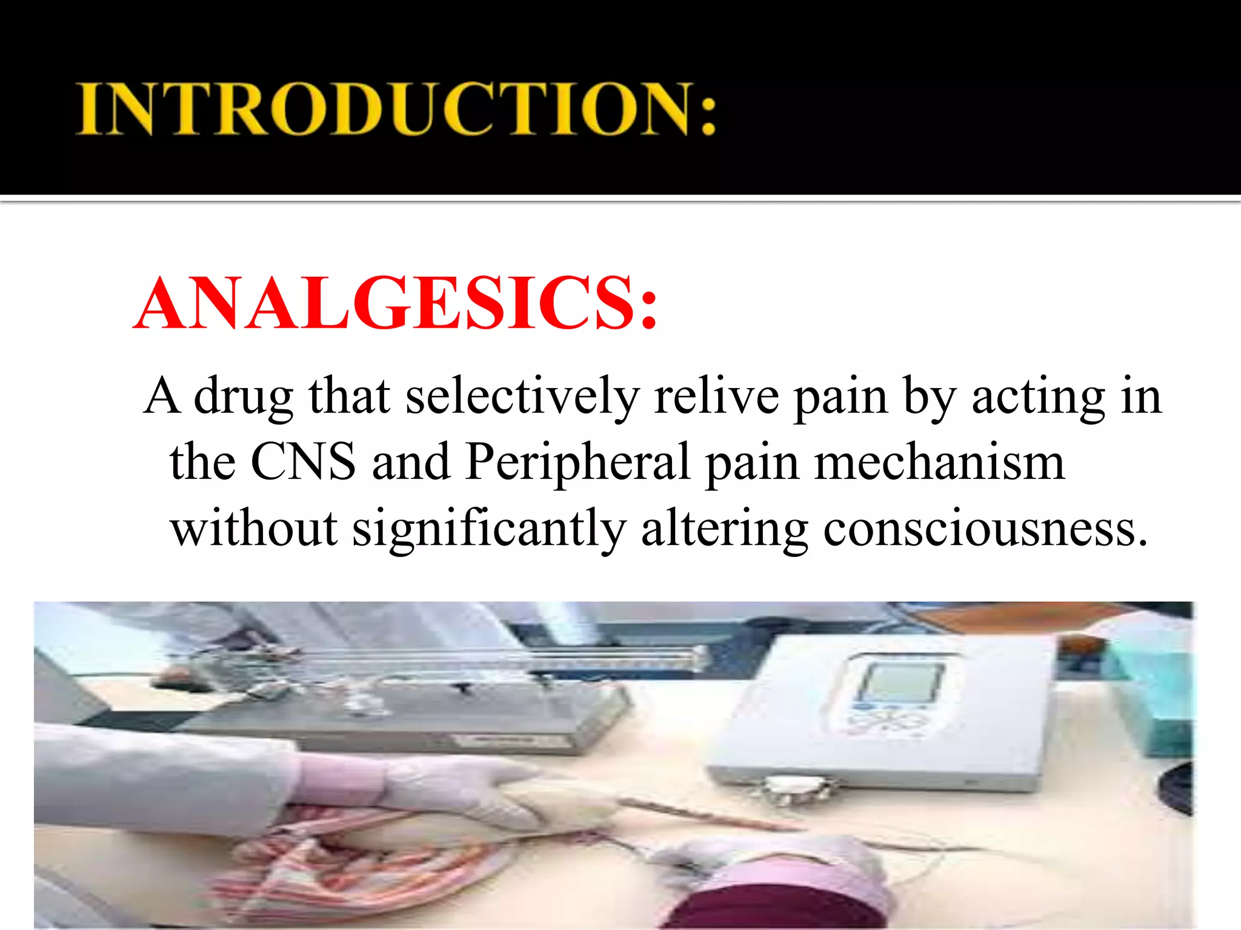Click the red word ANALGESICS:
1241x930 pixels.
tap(396, 304)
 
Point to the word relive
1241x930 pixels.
tap(716, 397)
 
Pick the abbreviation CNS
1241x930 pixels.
tap(303, 462)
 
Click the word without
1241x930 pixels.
tap(254, 528)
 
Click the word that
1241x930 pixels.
tap(349, 397)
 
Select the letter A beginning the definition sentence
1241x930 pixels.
tap(163, 397)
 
